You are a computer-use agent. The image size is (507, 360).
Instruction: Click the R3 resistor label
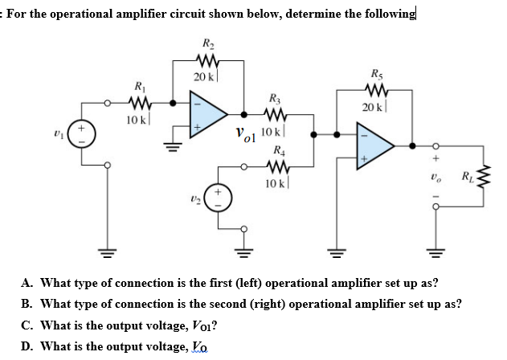[276, 98]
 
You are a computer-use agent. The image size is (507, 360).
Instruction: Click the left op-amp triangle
[207, 115]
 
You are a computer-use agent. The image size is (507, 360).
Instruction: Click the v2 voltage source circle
[215, 198]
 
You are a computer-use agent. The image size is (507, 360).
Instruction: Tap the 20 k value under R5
[374, 108]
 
